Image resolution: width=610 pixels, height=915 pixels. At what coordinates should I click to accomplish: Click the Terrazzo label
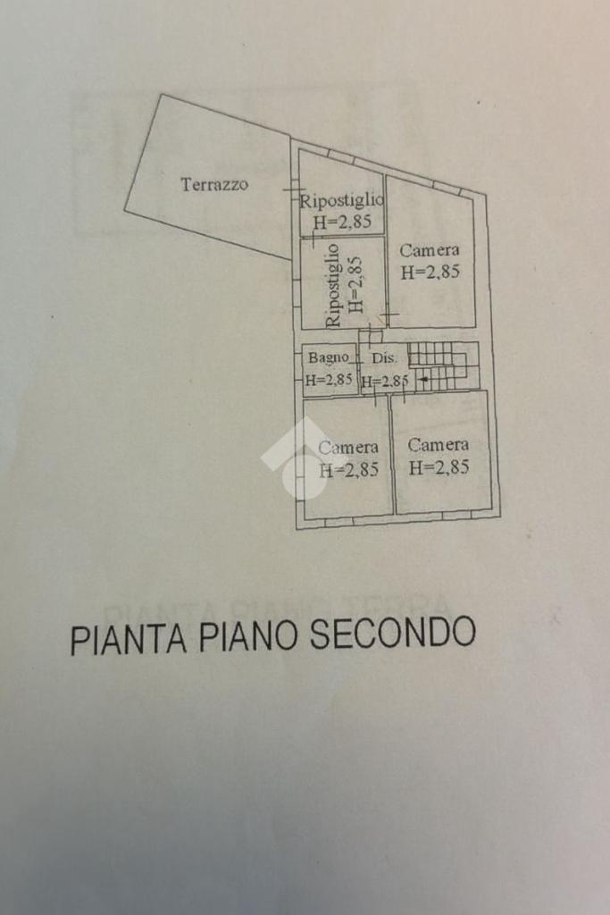tap(214, 185)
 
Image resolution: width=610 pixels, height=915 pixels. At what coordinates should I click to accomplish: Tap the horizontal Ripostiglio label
tap(341, 201)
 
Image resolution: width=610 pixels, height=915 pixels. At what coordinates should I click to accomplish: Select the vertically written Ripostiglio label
tap(334, 284)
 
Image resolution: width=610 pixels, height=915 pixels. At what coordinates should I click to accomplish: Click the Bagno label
tap(329, 357)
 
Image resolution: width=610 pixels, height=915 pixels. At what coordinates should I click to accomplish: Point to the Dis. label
tap(383, 357)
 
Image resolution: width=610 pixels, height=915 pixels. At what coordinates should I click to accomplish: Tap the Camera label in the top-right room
tap(430, 251)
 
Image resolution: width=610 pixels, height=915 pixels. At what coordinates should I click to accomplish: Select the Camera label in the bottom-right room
tap(439, 445)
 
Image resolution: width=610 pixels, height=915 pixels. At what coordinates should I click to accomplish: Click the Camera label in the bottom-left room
tap(348, 447)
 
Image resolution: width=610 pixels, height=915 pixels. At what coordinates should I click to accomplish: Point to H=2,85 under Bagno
tap(329, 379)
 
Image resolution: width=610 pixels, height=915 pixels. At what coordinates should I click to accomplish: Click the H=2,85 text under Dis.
tap(385, 381)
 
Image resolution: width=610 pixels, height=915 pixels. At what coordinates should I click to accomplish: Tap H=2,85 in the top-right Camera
tap(430, 273)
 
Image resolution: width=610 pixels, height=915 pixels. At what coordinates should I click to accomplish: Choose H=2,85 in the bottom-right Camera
tap(439, 466)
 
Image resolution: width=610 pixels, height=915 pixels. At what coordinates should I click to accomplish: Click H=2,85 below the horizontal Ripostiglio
tap(341, 222)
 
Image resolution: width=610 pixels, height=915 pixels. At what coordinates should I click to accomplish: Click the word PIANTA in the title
tap(129, 639)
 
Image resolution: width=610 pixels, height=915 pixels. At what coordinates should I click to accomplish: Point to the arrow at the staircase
tap(423, 381)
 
